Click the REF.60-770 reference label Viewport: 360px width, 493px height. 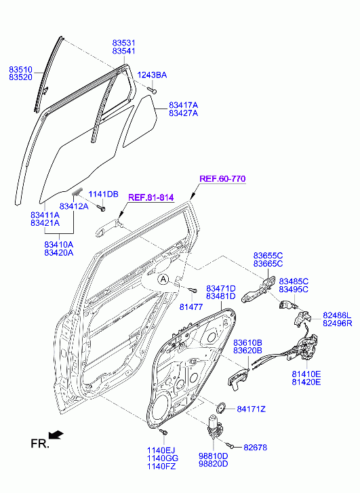click(222, 178)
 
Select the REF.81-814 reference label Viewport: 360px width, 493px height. click(151, 197)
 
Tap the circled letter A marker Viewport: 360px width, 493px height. click(163, 279)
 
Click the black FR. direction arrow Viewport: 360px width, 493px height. click(56, 435)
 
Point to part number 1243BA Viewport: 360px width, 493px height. click(152, 75)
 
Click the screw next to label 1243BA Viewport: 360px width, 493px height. click(153, 91)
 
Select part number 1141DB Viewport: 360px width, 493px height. click(103, 194)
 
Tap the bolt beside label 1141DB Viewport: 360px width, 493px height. click(101, 208)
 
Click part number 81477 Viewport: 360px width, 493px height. click(191, 307)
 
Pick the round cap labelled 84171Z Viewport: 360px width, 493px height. click(222, 408)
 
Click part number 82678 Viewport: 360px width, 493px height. click(256, 447)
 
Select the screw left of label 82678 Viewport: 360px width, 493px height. click(230, 445)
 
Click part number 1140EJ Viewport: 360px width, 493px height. click(161, 450)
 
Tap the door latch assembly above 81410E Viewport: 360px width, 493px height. click(302, 349)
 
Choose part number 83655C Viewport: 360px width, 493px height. click(268, 256)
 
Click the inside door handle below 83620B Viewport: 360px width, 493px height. click(238, 380)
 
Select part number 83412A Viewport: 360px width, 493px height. click(74, 206)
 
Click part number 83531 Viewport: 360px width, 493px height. click(124, 43)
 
